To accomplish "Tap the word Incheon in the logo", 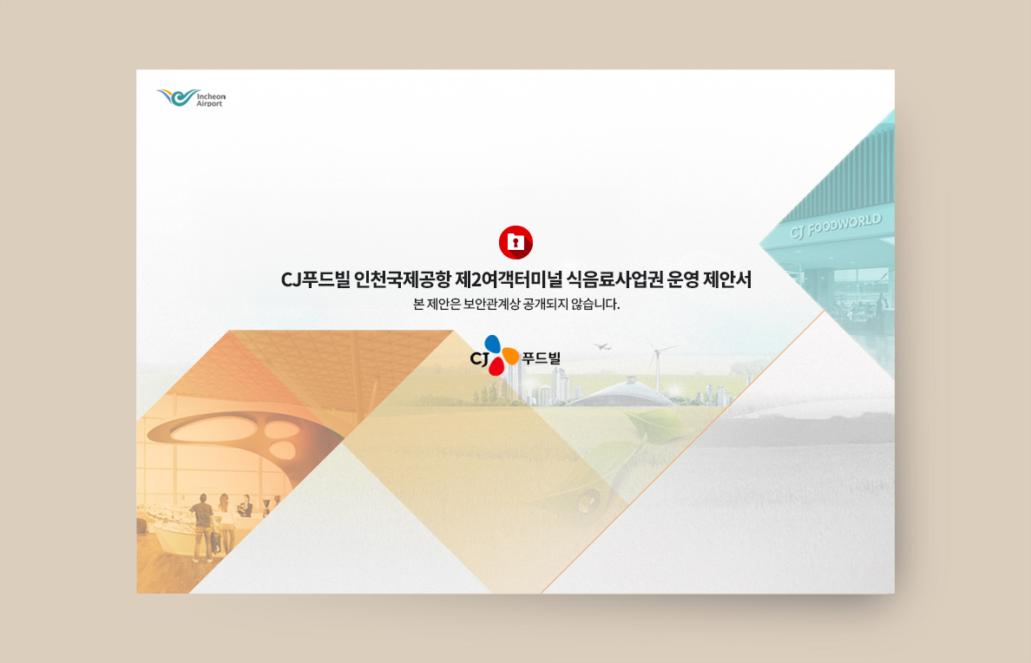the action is [211, 96].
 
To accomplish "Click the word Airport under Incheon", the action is [209, 104].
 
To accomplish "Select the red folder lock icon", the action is [515, 242].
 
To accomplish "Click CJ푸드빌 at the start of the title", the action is [315, 280].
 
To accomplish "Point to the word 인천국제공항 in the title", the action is [403, 280].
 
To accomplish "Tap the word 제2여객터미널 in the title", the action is [509, 280].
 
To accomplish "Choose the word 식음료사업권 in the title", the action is [614, 280].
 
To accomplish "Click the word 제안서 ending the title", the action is [727, 280].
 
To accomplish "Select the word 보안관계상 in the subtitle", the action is [491, 305].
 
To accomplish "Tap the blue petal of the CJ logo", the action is [492, 344].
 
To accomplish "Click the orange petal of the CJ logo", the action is [509, 357].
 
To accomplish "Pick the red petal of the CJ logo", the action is [496, 365].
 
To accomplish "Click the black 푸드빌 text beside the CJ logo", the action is [542, 358].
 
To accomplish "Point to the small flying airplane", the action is [601, 346].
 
